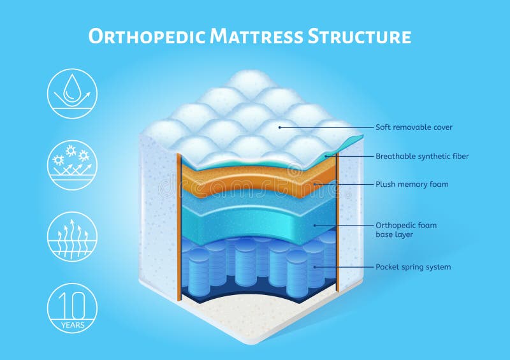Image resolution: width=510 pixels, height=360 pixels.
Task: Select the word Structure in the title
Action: click(x=360, y=36)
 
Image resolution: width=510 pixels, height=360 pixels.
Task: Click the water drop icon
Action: click(x=72, y=94)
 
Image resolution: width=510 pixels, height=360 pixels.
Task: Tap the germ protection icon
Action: click(x=72, y=165)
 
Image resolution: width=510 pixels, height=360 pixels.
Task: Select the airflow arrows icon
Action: click(x=72, y=236)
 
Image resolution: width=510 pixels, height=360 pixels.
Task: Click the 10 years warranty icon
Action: click(x=72, y=308)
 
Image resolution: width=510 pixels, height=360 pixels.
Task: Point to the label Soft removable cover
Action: click(x=414, y=127)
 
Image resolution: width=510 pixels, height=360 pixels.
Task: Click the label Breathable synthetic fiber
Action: click(x=422, y=156)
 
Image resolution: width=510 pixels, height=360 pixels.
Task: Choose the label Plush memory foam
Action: click(x=412, y=184)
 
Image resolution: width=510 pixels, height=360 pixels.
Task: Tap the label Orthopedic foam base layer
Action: click(x=406, y=230)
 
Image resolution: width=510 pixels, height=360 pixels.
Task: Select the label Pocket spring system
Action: click(x=413, y=267)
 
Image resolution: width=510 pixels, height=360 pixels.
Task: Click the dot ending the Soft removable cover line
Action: click(x=279, y=127)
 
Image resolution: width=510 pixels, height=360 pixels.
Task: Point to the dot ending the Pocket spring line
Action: click(x=316, y=267)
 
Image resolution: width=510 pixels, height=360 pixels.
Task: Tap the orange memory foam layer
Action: click(x=255, y=182)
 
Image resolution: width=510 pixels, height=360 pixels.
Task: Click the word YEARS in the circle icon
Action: click(x=72, y=325)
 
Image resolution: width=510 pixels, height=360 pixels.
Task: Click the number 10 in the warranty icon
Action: click(x=72, y=303)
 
